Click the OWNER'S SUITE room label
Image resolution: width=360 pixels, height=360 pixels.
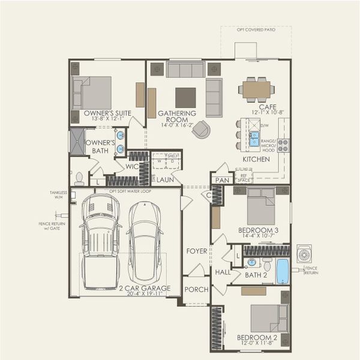[x=108, y=113]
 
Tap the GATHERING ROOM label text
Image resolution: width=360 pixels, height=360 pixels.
[x=177, y=113]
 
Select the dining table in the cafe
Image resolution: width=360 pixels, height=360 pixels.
[x=256, y=90]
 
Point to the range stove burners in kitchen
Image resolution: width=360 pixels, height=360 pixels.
[x=283, y=144]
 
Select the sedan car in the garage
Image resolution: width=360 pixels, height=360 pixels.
[x=145, y=242]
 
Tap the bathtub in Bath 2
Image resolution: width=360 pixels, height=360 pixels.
[x=282, y=271]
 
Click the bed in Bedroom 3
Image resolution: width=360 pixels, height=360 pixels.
[x=261, y=206]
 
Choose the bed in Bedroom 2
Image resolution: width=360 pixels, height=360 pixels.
[x=269, y=318]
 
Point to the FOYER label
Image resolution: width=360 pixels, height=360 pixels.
[x=196, y=251]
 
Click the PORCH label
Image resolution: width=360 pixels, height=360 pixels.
[x=196, y=289]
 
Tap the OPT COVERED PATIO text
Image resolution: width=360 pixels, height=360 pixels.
[x=256, y=29]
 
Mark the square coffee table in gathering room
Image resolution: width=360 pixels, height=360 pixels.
[x=185, y=97]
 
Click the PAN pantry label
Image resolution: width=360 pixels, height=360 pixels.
[x=223, y=179]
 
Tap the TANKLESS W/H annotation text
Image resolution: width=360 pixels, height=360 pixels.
[x=58, y=195]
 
